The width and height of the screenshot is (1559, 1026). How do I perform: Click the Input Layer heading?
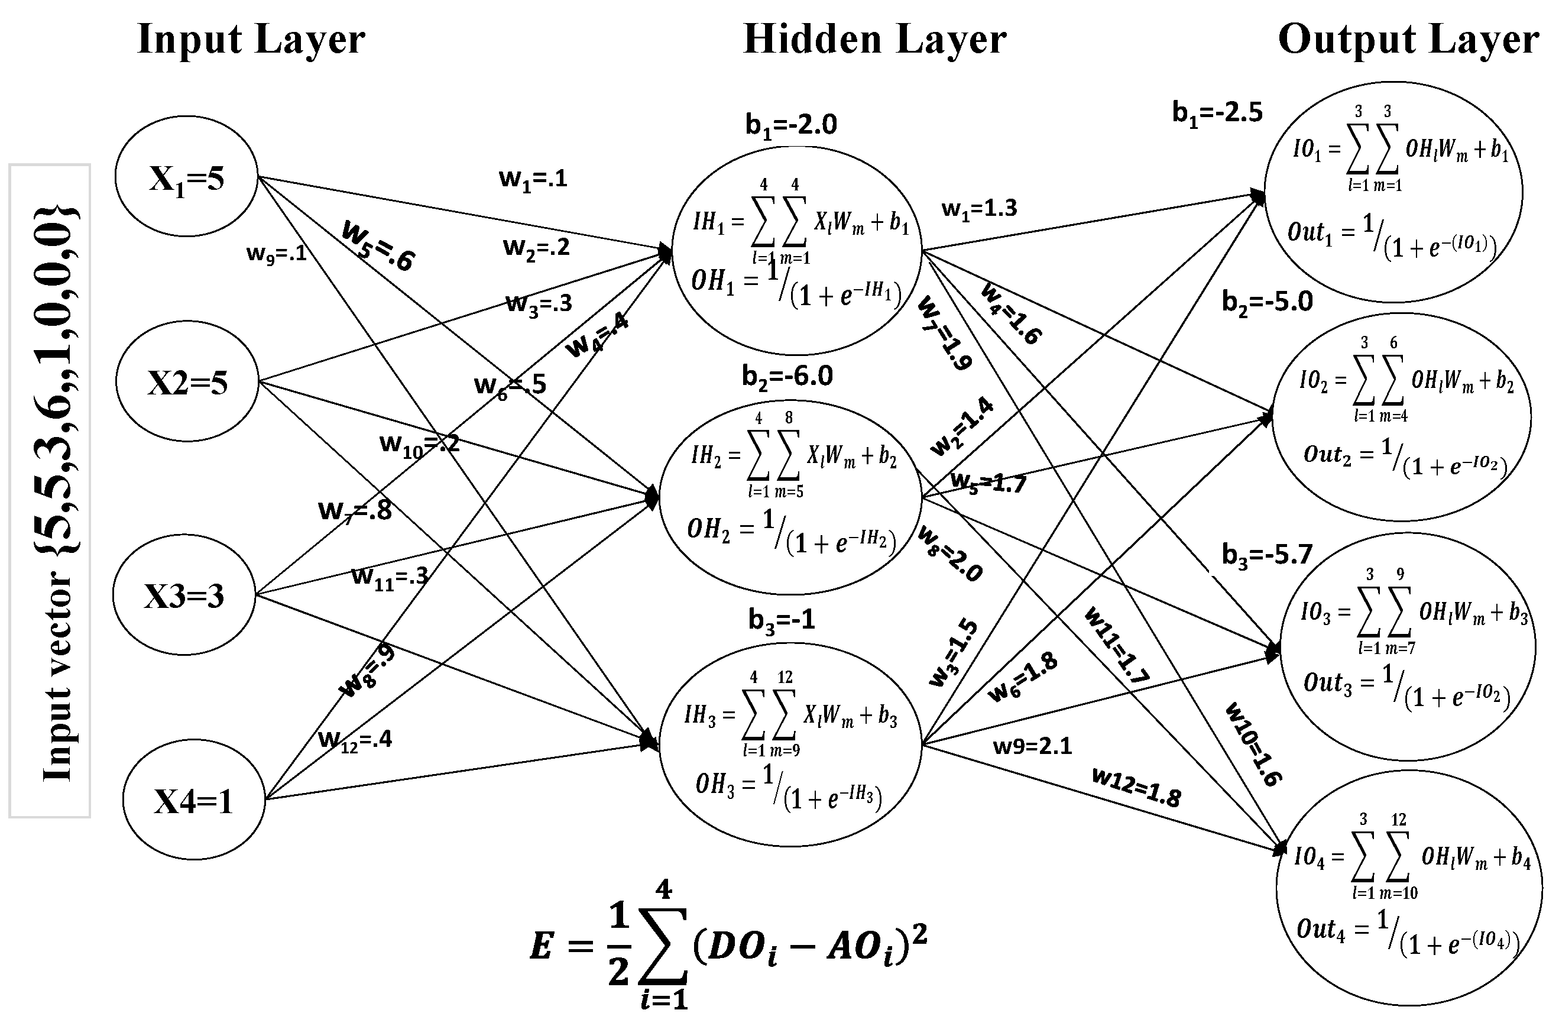click(x=251, y=39)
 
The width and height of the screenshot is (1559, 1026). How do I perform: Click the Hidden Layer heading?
click(x=874, y=39)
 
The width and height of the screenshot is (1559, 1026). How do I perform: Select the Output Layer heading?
click(x=1408, y=39)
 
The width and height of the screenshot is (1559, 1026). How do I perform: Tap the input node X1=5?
click(x=187, y=177)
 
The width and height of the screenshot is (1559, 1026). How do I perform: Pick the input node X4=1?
click(x=193, y=801)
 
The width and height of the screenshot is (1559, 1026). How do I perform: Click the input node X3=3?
click(x=184, y=595)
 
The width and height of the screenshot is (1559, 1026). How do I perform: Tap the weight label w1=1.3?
click(x=978, y=209)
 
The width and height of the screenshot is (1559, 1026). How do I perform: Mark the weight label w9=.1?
click(x=277, y=254)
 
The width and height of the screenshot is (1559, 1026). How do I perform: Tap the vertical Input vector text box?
click(x=50, y=491)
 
